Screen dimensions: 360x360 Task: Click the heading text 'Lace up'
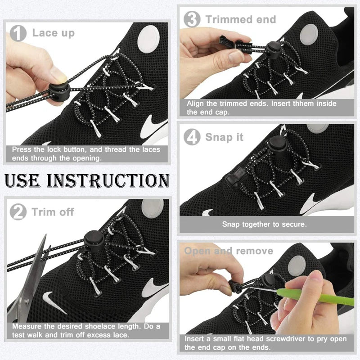pyautogui.click(x=53, y=33)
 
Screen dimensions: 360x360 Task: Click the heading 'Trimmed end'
pyautogui.click(x=241, y=19)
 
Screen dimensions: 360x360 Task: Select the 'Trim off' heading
pyautogui.click(x=53, y=211)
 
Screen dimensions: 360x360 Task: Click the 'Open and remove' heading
pyautogui.click(x=229, y=251)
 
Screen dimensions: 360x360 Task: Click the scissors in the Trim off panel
pyautogui.click(x=29, y=279)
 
